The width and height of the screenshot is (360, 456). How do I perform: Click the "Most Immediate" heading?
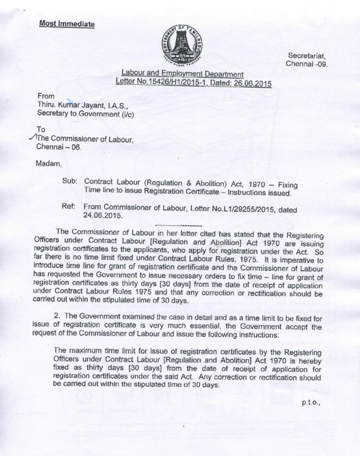(x=67, y=24)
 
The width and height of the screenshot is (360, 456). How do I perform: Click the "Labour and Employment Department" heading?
(x=182, y=73)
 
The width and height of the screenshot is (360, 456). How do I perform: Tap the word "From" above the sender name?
(x=45, y=96)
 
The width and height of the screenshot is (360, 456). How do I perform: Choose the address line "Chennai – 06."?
(x=58, y=147)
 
